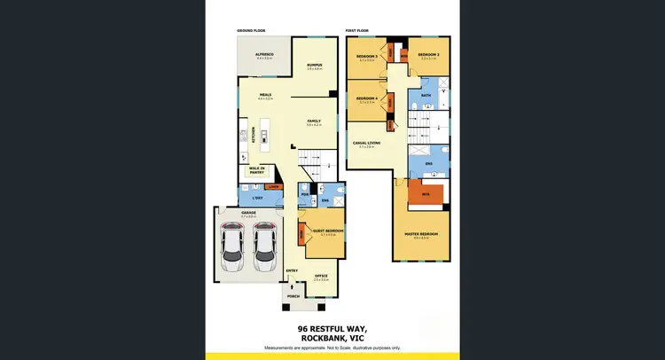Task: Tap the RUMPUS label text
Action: pyautogui.click(x=314, y=65)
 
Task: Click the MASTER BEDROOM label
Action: pyautogui.click(x=421, y=235)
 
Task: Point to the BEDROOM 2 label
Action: pyautogui.click(x=429, y=56)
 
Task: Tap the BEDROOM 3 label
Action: pyautogui.click(x=367, y=57)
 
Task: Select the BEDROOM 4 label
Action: pyautogui.click(x=367, y=98)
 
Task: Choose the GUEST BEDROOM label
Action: pyautogui.click(x=327, y=231)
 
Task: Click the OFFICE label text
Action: pyautogui.click(x=321, y=276)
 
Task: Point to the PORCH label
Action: pyautogui.click(x=305, y=296)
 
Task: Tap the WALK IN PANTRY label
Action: pyautogui.click(x=257, y=169)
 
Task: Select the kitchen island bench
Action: pyautogui.click(x=263, y=136)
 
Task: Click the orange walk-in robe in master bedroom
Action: pyautogui.click(x=426, y=192)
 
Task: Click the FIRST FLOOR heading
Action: pyautogui.click(x=358, y=30)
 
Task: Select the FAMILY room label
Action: pyautogui.click(x=314, y=121)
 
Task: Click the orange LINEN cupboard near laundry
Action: pyautogui.click(x=274, y=186)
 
